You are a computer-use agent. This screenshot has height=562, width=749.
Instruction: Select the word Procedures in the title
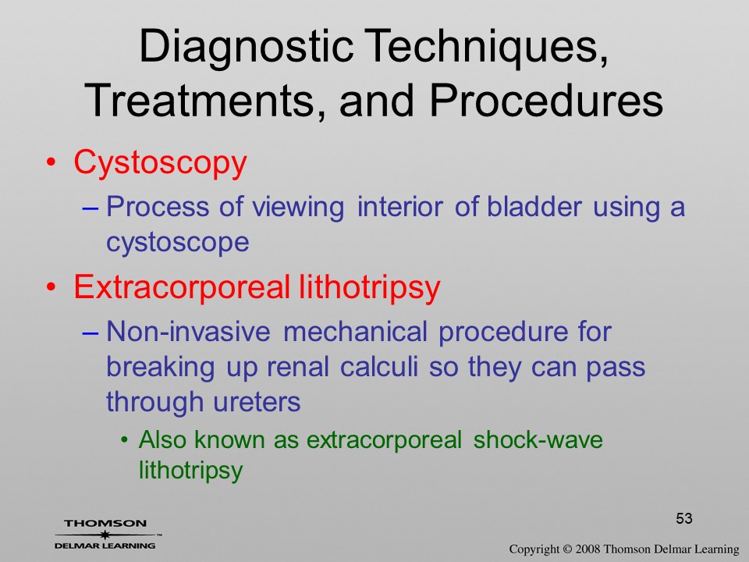pos(546,101)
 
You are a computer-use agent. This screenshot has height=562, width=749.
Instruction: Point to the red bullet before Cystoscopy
pos(51,162)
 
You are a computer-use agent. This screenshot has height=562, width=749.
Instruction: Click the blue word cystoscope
pos(178,242)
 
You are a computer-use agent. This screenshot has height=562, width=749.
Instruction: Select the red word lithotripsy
pos(369,288)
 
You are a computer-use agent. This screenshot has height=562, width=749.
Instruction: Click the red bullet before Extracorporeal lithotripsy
pos(51,286)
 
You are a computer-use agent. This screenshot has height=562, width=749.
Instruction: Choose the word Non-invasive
pos(188,331)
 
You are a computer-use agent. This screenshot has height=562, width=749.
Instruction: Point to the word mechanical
pos(356,331)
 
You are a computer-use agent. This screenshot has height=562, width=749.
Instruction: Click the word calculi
pos(379,367)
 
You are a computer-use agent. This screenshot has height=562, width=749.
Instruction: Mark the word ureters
pos(257,402)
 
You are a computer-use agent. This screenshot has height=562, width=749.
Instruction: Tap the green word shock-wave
pos(538,439)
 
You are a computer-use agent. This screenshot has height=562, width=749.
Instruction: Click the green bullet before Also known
pos(124,439)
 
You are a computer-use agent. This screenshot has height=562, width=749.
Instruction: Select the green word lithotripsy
pos(190,470)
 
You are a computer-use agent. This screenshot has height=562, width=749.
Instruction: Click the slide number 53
pos(684,518)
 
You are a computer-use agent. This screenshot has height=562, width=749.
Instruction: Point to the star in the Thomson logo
pos(105,535)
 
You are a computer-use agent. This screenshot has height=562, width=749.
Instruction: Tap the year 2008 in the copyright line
pos(588,549)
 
